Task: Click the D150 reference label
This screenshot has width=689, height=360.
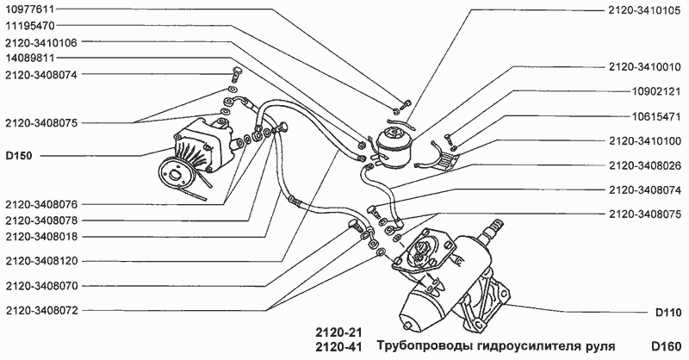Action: [x=19, y=156]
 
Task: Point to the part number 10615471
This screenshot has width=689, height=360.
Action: [x=655, y=115]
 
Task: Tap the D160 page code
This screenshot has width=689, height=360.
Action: [x=667, y=346]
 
